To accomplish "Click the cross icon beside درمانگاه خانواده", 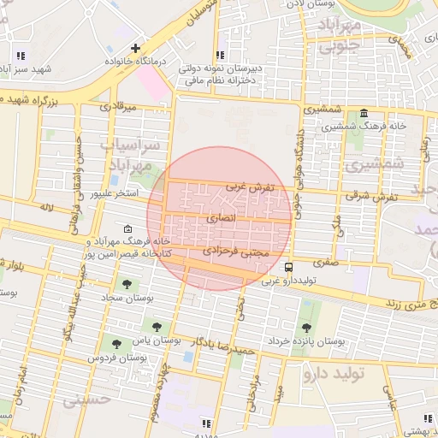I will click(135, 48).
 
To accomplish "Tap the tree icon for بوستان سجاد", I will click(127, 283).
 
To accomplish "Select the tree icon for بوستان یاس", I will click(157, 326).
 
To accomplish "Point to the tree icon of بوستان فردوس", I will click(115, 343).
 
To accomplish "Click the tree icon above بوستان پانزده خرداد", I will click(306, 327).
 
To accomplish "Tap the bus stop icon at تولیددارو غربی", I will click(288, 267).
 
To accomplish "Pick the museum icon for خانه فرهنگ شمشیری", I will click(364, 114).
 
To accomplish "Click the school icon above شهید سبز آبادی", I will click(19, 55).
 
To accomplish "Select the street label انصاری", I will click(220, 219).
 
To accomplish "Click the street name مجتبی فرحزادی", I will click(236, 253).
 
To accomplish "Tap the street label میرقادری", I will click(118, 109).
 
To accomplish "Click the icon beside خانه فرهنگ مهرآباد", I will click(127, 229).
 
